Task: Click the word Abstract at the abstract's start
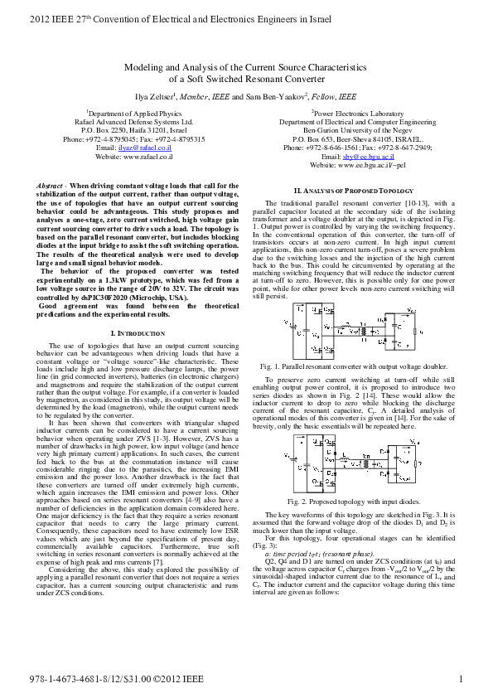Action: click(x=54, y=185)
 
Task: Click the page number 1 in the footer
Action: click(x=460, y=680)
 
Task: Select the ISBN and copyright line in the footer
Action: click(x=118, y=680)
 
